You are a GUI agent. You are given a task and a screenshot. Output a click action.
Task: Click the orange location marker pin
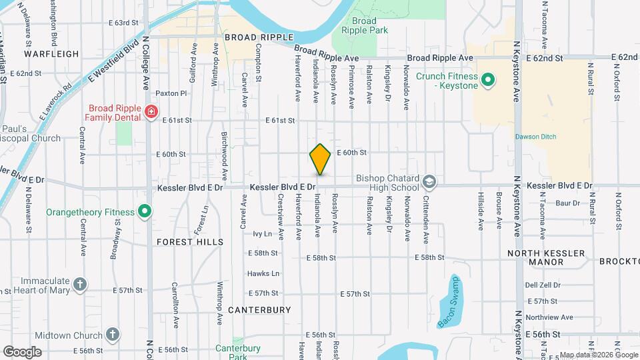[x=320, y=159]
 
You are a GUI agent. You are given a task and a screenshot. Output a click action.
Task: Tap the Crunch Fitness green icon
[x=487, y=80]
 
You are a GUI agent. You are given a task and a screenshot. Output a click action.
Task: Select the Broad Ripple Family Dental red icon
[x=151, y=111]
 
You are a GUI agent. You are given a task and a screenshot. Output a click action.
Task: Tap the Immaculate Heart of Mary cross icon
[x=80, y=285]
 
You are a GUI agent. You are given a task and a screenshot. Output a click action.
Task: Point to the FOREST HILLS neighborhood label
[x=190, y=242]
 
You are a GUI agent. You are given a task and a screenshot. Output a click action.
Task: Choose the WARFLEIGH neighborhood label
[x=51, y=53]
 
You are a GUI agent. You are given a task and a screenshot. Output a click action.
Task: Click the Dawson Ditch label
[x=535, y=137]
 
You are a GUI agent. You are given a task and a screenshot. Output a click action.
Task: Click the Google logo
[x=21, y=351]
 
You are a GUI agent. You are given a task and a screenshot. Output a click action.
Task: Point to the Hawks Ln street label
[x=263, y=273]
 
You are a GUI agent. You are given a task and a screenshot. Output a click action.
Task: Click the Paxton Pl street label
[x=171, y=94]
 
